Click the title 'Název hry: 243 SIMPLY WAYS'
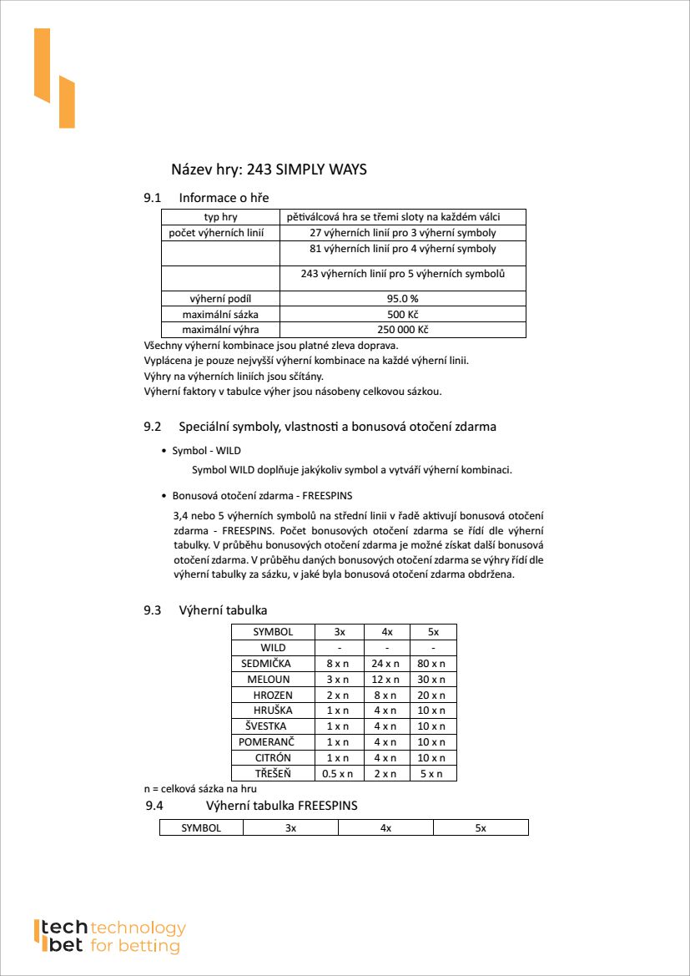[269, 169]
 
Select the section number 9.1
[152, 198]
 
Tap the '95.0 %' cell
[402, 299]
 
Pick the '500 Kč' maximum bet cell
[402, 314]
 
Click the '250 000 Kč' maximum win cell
[402, 330]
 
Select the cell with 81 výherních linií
[402, 249]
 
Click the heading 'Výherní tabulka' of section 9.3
[223, 610]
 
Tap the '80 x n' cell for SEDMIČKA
[432, 664]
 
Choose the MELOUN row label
[269, 680]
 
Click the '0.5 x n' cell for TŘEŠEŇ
[338, 773]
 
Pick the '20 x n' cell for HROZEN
[432, 695]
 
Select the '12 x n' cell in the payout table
[385, 680]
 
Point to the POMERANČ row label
[266, 741]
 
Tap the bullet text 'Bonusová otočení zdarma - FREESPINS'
[262, 496]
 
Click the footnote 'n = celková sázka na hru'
[200, 788]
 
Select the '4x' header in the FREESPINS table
[385, 828]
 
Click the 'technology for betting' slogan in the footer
[137, 937]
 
